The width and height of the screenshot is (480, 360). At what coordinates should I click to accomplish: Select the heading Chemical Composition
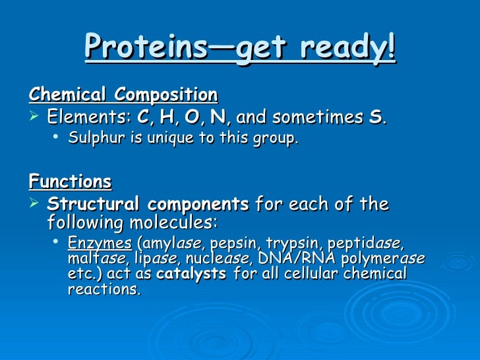pos(123,95)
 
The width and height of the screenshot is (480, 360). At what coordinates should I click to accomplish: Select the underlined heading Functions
pos(70,181)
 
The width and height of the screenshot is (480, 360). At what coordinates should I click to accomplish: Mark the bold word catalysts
pos(193,274)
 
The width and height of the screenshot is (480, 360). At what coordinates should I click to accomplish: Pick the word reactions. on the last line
pos(104,289)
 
